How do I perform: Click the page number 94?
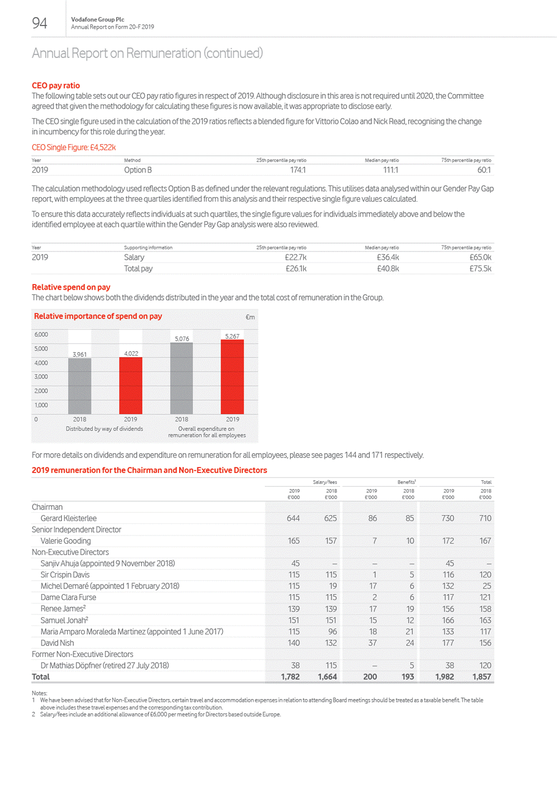tap(39, 23)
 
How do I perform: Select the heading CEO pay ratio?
tap(56, 86)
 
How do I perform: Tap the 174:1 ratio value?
tap(298, 170)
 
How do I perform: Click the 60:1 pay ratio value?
tap(484, 170)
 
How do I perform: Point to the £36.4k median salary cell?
tap(388, 258)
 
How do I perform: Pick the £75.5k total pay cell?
tap(480, 269)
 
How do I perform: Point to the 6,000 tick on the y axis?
tap(41, 335)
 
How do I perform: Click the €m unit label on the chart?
tap(250, 317)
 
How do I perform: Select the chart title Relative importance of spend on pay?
tap(98, 317)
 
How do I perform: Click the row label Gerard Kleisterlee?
tap(69, 518)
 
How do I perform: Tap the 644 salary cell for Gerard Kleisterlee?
tap(293, 518)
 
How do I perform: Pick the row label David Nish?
tap(57, 643)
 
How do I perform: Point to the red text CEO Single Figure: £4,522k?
tap(73, 148)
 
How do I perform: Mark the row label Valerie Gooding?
tap(65, 541)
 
